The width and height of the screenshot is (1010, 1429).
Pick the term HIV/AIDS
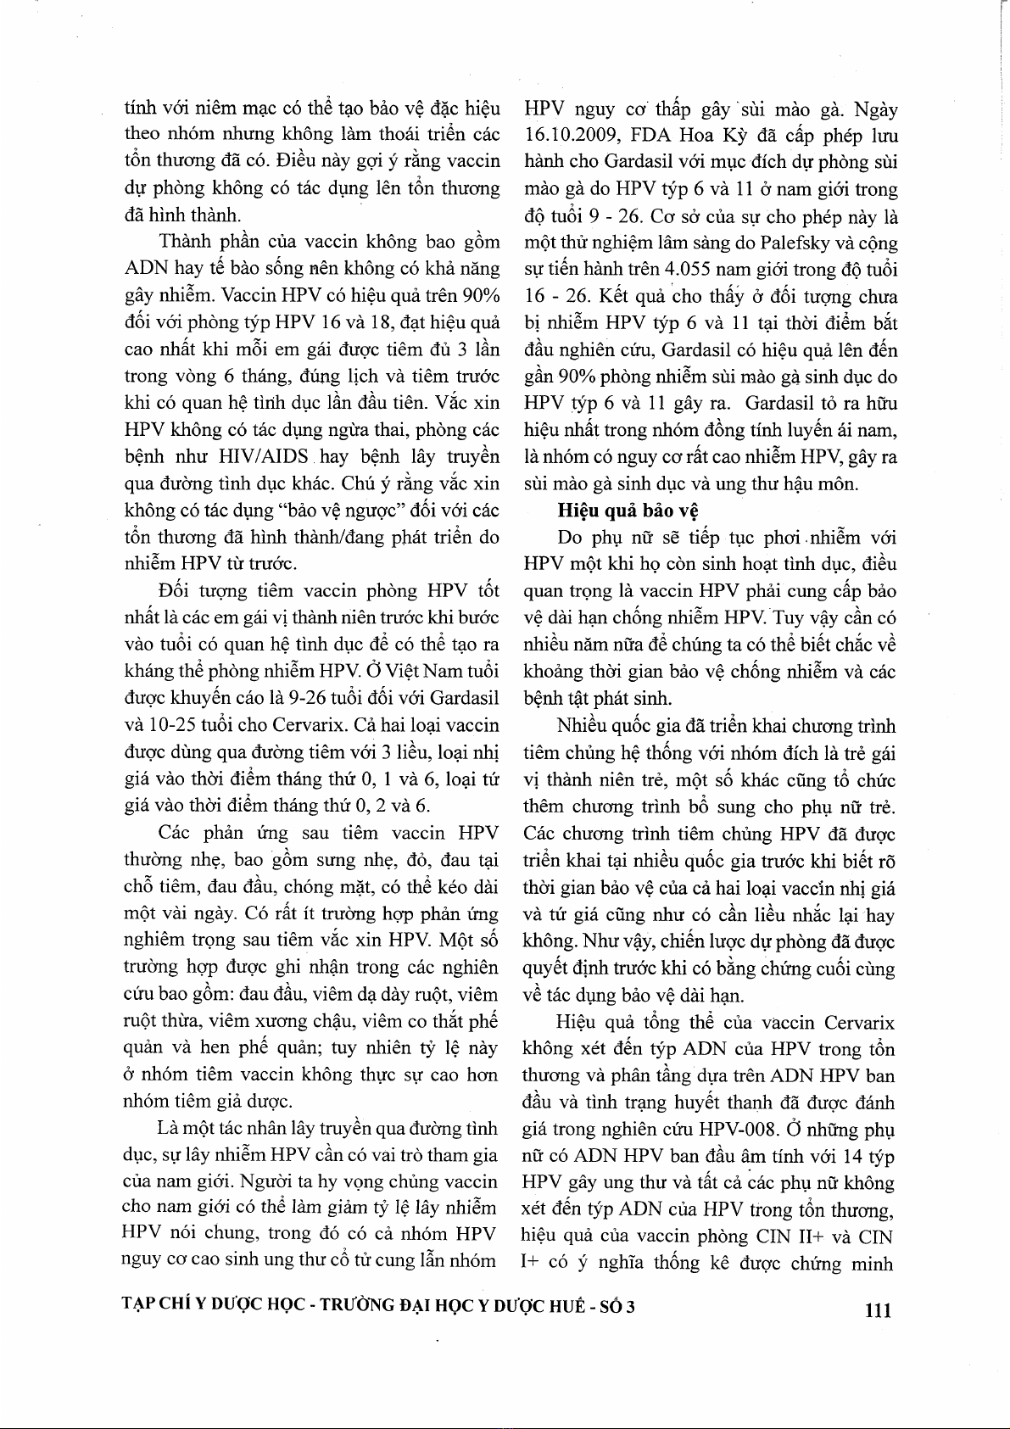263,457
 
